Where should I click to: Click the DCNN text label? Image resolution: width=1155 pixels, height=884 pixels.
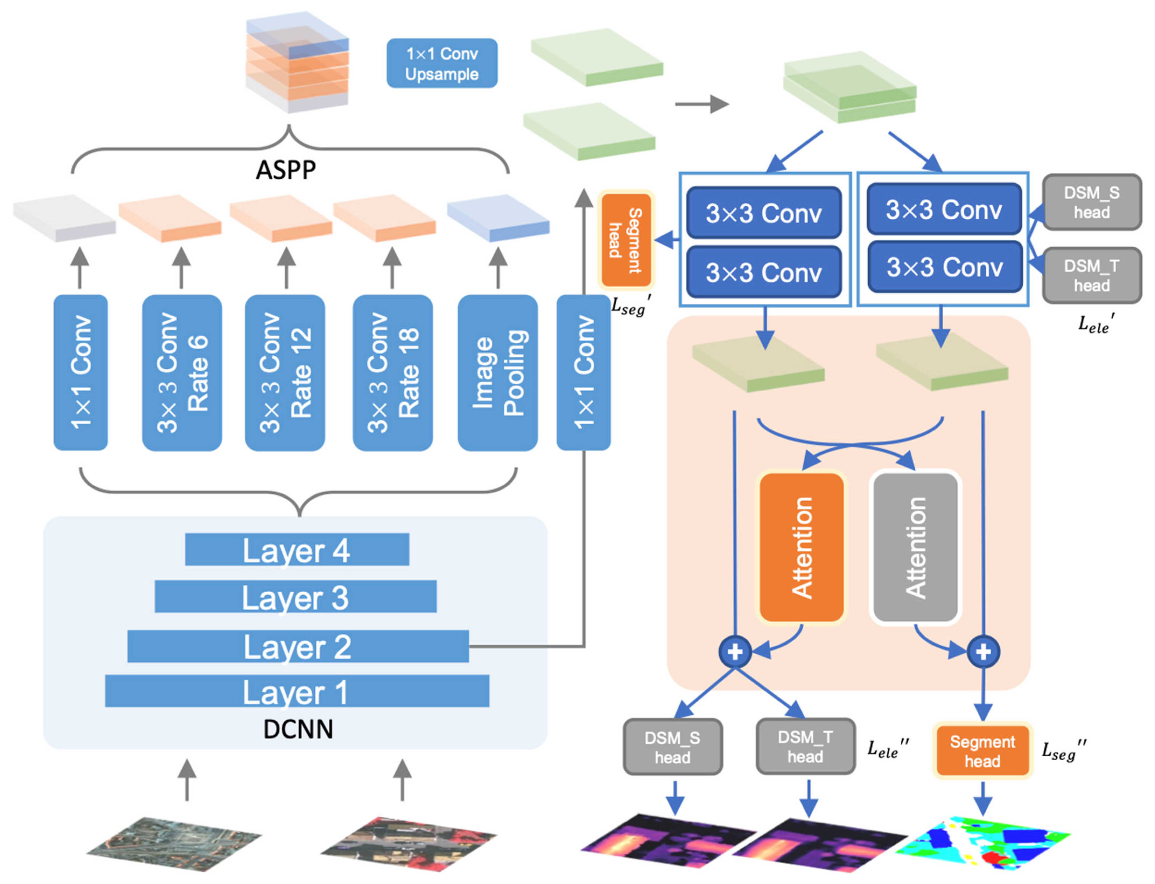click(x=298, y=729)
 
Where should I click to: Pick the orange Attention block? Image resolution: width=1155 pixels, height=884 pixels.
click(x=801, y=547)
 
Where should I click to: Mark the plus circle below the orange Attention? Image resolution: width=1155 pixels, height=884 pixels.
click(x=735, y=652)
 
